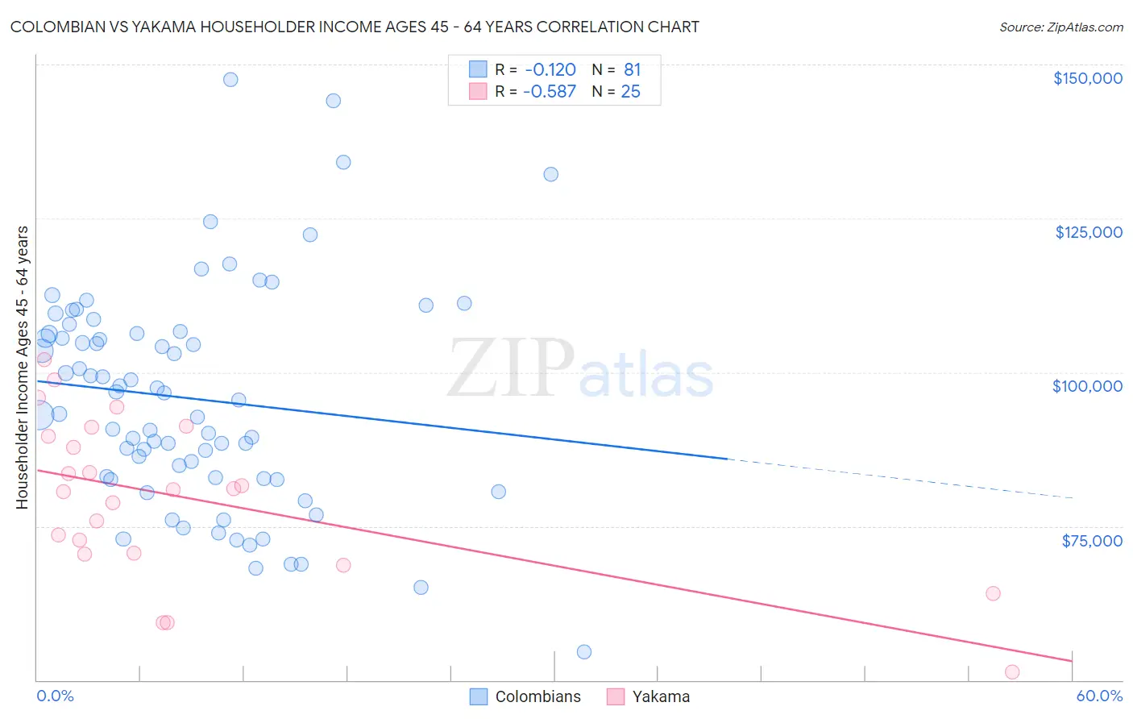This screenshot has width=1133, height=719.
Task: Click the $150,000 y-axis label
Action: pos(1087,78)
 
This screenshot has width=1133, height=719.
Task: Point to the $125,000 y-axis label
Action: pos(1088,232)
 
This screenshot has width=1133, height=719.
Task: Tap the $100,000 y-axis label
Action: pos(1087,386)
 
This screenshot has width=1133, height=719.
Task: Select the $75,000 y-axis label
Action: pos(1091,541)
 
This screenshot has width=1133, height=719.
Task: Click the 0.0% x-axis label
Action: pos(55,696)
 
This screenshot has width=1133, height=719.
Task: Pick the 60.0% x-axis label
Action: pos(1098,696)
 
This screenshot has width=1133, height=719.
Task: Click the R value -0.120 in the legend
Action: pos(550,69)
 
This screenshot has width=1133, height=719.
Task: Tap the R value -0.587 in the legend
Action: pos(550,92)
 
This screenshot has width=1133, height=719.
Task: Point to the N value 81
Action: pos(632,69)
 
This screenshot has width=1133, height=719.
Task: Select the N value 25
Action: pos(630,92)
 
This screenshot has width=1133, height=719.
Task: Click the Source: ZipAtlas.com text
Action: pos(1060,27)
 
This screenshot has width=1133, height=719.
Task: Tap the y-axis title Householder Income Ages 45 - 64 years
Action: pos(22,368)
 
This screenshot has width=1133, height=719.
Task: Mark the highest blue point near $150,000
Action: pos(230,79)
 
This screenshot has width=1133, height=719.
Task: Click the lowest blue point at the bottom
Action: pos(584,652)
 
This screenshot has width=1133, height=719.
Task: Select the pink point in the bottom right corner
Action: pos(1012,672)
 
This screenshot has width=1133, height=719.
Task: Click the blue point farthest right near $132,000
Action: pos(551,174)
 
